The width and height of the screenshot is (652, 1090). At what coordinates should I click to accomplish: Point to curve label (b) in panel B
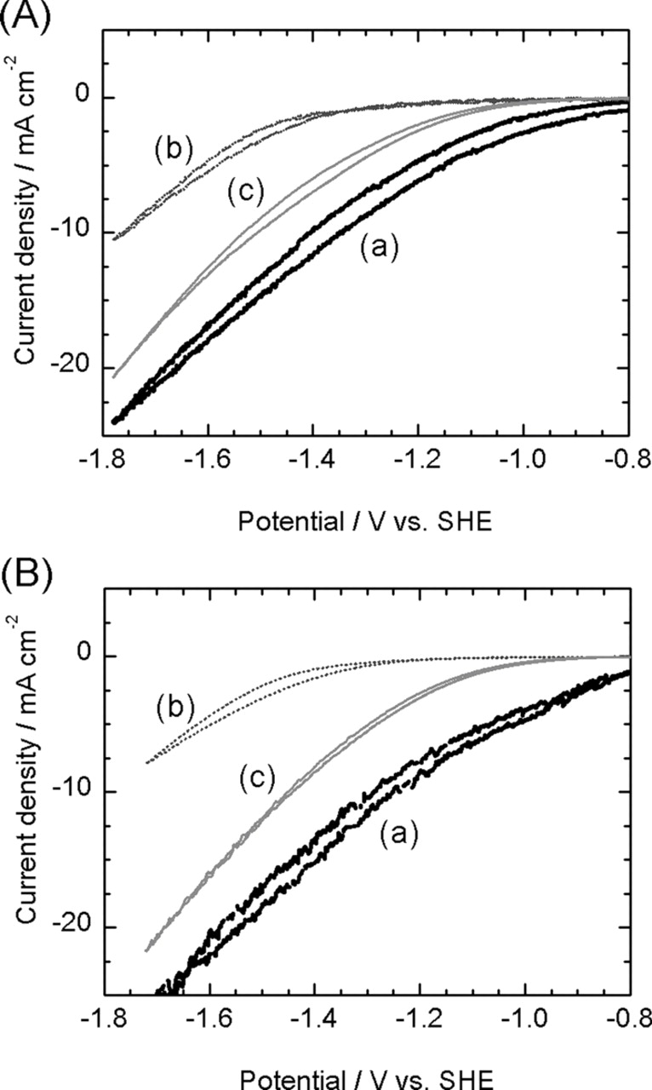(175, 706)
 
